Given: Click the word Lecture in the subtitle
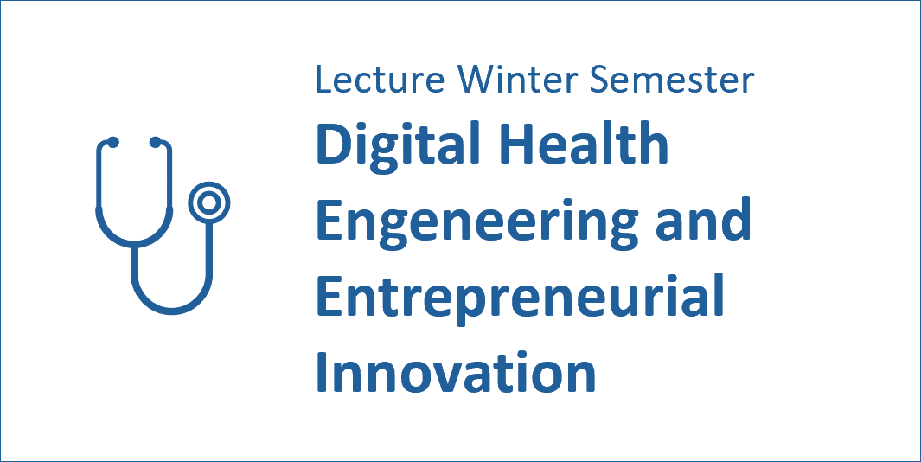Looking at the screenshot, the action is click(x=381, y=80).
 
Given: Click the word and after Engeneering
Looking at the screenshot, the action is click(x=703, y=219).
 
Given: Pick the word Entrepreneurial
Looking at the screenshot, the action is click(x=520, y=299).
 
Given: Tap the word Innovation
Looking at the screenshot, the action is click(x=457, y=373).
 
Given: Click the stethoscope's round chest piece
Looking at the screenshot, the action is click(x=208, y=202).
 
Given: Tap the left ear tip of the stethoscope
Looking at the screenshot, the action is click(x=112, y=142).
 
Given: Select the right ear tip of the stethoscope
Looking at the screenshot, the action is click(x=155, y=142).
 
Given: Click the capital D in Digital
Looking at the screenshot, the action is click(x=334, y=145).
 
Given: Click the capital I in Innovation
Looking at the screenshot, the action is click(x=322, y=373).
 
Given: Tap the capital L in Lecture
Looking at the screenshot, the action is click(x=323, y=80).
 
